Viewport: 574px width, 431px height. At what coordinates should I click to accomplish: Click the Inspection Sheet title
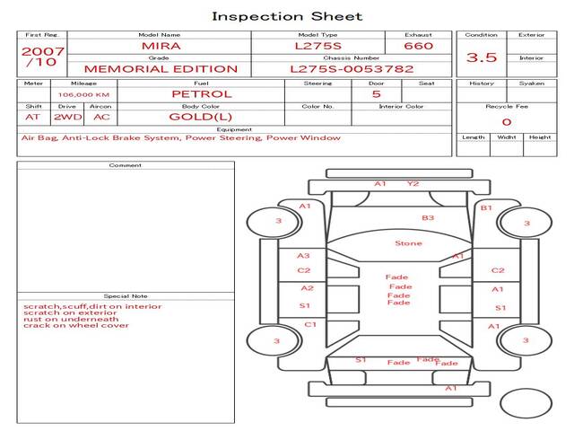(x=287, y=16)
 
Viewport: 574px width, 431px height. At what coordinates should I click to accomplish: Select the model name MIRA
(x=161, y=46)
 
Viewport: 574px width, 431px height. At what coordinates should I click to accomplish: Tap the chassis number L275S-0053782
(x=352, y=69)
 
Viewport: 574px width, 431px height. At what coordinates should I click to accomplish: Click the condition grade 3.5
(x=482, y=57)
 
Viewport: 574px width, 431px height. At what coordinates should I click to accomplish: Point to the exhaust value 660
(x=419, y=46)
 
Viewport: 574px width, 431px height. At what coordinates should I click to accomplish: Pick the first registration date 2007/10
(x=42, y=57)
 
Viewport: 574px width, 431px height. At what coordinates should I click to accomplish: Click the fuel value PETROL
(x=202, y=94)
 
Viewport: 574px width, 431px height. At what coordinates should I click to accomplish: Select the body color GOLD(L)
(x=201, y=117)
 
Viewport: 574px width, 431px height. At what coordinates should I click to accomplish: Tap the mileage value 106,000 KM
(x=83, y=95)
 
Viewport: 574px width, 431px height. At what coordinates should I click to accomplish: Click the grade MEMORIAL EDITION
(x=161, y=69)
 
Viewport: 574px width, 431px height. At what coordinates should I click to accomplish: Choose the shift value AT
(x=32, y=118)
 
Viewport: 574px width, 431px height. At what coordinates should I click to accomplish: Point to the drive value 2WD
(x=68, y=118)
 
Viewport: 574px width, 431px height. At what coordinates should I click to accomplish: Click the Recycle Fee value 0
(x=507, y=122)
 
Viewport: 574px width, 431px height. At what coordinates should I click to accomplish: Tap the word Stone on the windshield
(x=409, y=243)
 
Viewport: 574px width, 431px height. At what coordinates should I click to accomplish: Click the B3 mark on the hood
(x=428, y=217)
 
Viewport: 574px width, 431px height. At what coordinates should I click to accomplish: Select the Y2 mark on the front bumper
(x=413, y=183)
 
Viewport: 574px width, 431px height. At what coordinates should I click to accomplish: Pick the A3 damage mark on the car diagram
(x=303, y=255)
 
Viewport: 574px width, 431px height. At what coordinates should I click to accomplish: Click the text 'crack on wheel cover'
(x=76, y=325)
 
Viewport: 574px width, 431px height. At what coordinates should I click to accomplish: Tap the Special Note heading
(x=126, y=296)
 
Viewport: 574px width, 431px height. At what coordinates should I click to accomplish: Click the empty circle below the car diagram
(x=526, y=403)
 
